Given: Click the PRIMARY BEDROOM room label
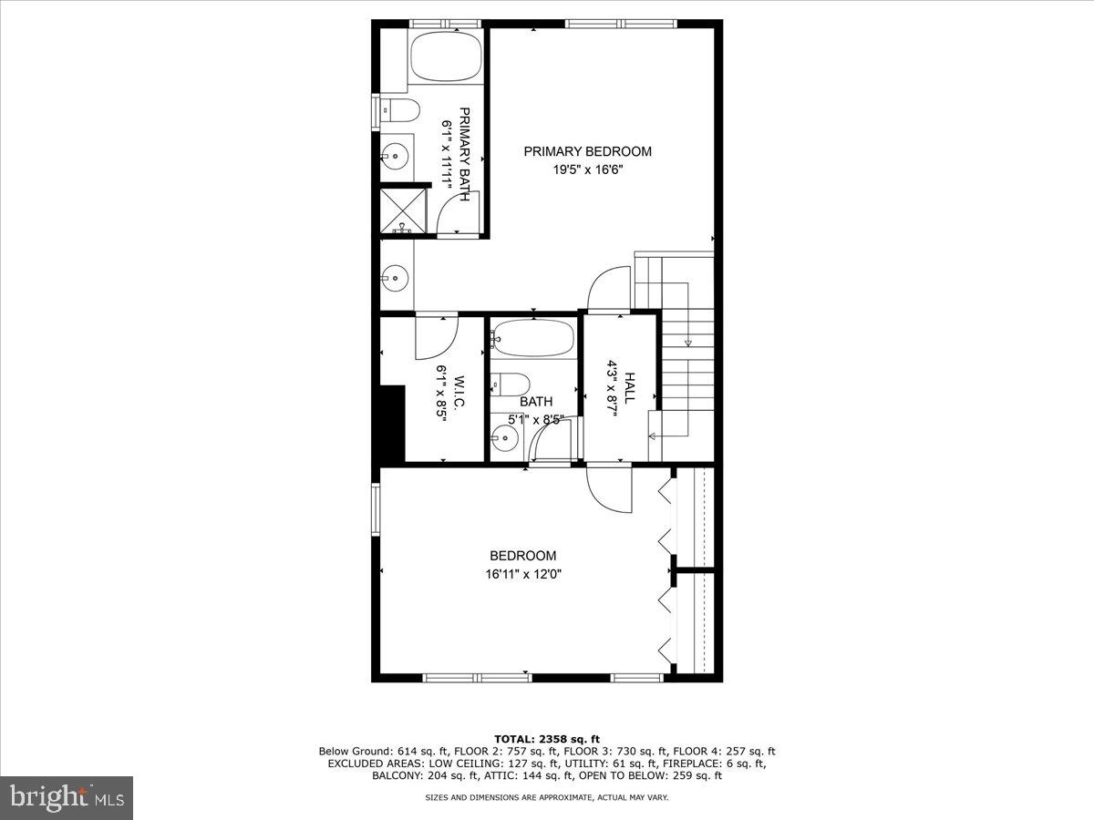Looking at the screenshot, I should coord(587,151).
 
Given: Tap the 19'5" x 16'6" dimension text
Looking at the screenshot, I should coord(587,169).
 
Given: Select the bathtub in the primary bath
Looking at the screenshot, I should coord(446,57).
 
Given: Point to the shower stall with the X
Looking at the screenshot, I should coord(403,210).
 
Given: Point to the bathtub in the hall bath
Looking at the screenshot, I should coord(532,338).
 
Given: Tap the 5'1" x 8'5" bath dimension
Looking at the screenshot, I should coord(535,420).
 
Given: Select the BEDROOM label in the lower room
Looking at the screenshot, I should coord(522,556).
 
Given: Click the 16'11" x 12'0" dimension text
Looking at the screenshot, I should coord(522,574).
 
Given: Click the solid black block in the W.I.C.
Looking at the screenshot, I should coord(392,425).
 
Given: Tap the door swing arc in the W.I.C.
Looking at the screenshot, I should coord(436,337).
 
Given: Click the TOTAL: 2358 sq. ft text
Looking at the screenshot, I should coord(547,739).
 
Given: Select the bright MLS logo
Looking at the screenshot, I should coord(67,798).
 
